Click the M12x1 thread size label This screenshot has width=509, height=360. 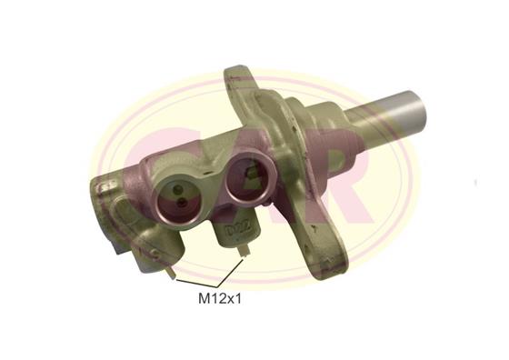220,298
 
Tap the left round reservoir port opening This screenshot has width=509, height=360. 178,199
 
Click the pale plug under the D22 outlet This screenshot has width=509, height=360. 244,251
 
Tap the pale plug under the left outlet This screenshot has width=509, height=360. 171,272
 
